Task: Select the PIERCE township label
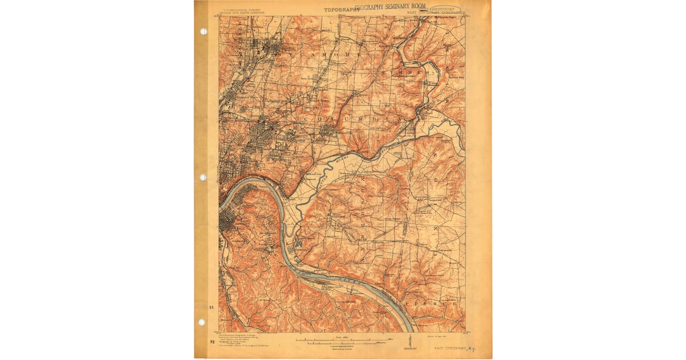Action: [432, 303]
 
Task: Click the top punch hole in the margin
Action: [203, 31]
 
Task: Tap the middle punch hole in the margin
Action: [203, 177]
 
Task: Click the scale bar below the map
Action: [343, 341]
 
